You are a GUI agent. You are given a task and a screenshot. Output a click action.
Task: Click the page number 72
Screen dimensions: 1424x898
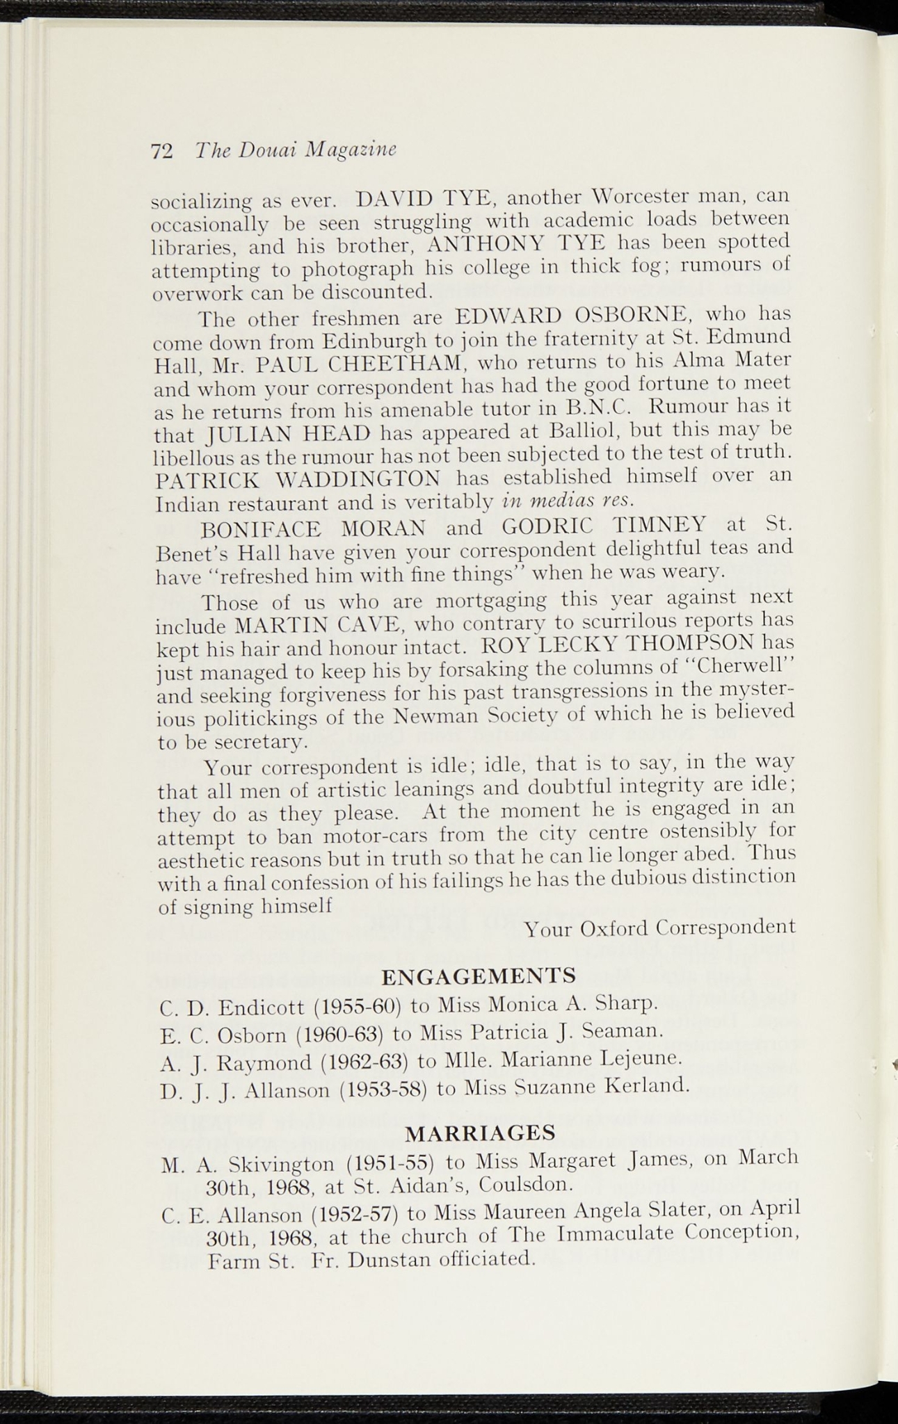click(161, 151)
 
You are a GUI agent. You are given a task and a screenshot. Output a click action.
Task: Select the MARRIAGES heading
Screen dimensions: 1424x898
click(480, 1133)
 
